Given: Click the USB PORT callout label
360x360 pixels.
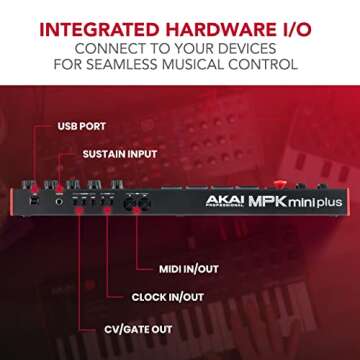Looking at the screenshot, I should point(81,127).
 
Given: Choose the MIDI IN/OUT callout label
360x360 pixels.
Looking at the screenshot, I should point(188,269).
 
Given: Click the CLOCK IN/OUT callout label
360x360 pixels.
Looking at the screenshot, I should point(168,297).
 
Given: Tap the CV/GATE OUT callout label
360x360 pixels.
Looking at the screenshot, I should point(138,328).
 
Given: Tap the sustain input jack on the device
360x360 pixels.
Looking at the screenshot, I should point(59,200).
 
